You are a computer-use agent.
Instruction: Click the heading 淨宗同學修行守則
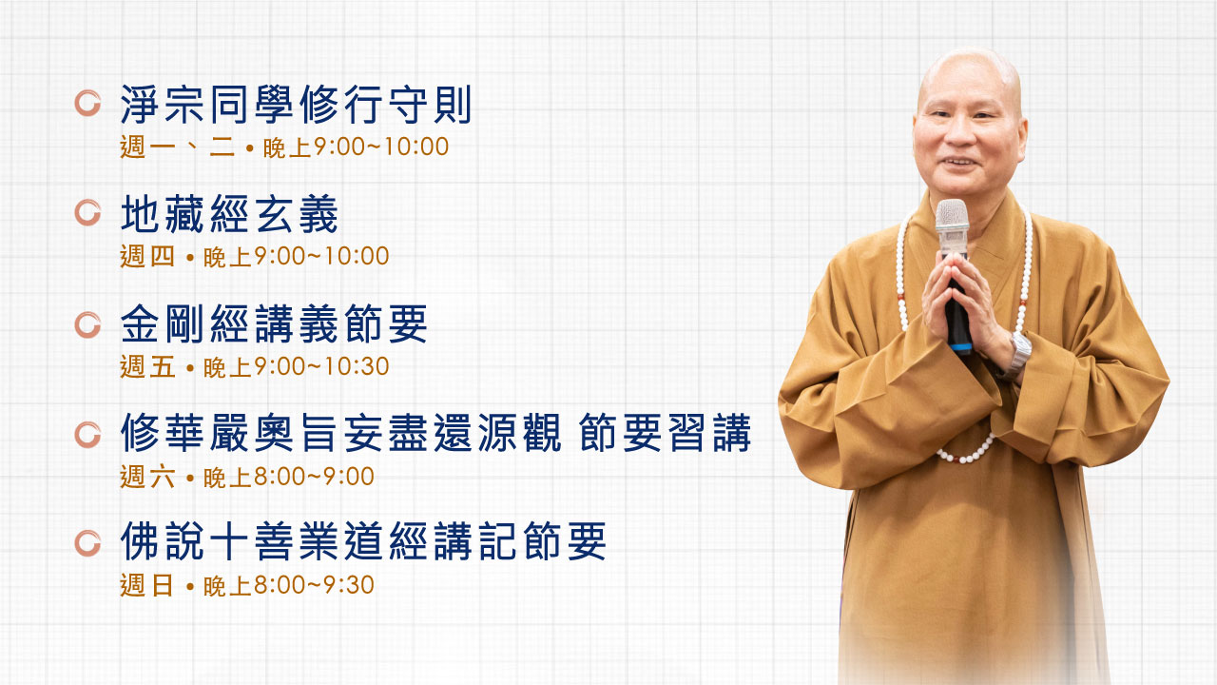click(296, 105)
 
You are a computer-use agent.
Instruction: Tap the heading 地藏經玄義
click(229, 214)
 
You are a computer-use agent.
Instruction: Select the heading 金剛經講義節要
click(274, 324)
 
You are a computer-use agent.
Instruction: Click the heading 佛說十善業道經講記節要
click(363, 541)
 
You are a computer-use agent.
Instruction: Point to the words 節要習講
click(665, 433)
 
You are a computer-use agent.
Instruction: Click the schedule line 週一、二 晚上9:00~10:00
click(284, 147)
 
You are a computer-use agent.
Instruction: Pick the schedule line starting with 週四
click(254, 256)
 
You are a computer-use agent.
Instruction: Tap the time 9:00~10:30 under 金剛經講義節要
click(321, 366)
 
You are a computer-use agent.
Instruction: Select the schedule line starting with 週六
click(246, 477)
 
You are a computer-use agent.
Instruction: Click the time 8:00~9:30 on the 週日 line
click(314, 585)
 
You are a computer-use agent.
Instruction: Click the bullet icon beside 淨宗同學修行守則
click(88, 104)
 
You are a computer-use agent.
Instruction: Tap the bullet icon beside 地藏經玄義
click(88, 212)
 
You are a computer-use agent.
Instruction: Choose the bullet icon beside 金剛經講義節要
click(88, 325)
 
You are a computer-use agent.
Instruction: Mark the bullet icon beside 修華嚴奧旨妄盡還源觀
click(88, 435)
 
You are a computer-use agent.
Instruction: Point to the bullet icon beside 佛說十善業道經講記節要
click(88, 543)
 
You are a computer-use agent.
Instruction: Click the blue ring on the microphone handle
click(961, 346)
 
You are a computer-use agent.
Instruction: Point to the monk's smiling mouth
click(960, 162)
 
